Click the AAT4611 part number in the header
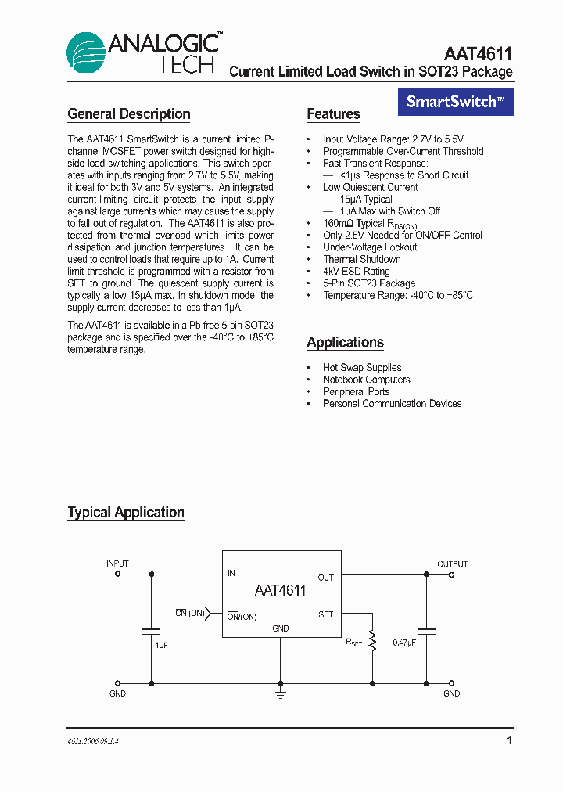coord(478,54)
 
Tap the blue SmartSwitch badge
coord(456,102)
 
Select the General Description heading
coord(129,114)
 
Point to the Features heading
coord(333,114)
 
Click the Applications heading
coord(345,342)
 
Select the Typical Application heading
coord(126,513)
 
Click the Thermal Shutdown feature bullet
coord(361,259)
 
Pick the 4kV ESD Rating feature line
coord(356,272)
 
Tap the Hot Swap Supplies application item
coord(362,368)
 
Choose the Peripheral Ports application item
coord(356,391)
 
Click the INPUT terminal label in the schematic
coord(117,563)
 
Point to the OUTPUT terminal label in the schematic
coord(452,563)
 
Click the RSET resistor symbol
coord(373,642)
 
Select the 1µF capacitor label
coord(161,646)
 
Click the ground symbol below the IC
coord(280,693)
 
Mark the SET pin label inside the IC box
coord(325,614)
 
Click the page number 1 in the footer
coord(509,740)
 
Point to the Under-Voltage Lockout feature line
coord(370,247)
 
